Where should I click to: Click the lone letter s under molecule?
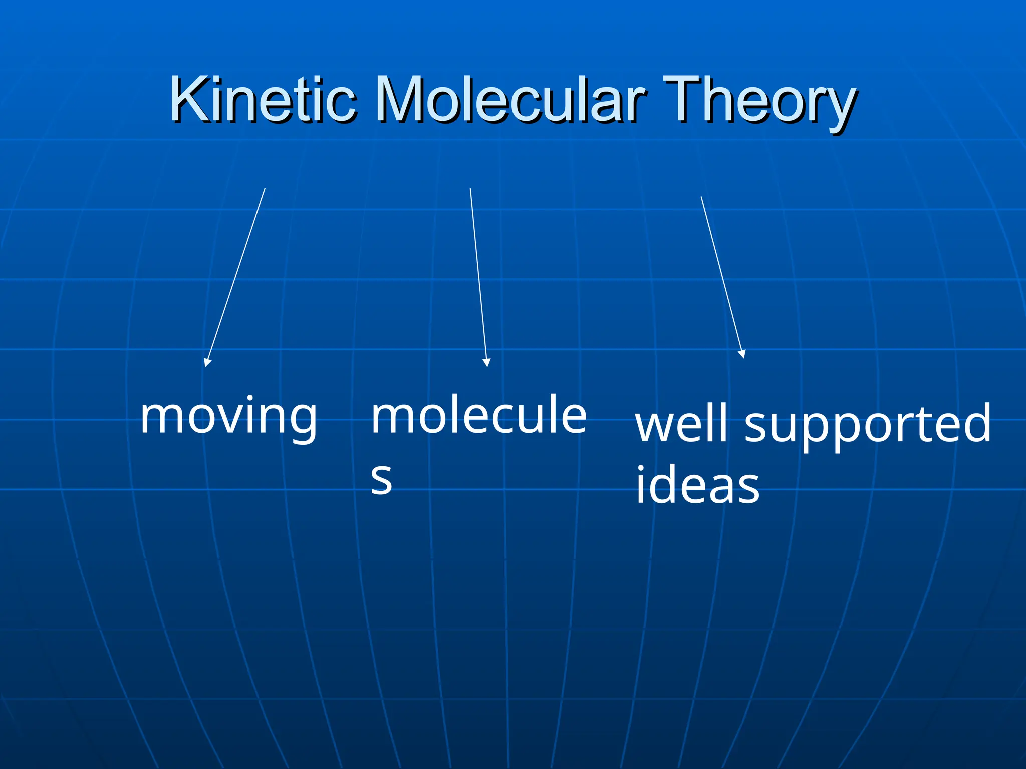pyautogui.click(x=381, y=479)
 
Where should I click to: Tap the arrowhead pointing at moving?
pyautogui.click(x=207, y=362)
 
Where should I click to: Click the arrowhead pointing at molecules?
pyautogui.click(x=486, y=362)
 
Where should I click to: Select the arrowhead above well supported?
pyautogui.click(x=742, y=353)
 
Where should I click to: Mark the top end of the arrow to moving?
pyautogui.click(x=265, y=188)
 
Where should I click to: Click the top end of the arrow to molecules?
pyautogui.click(x=470, y=188)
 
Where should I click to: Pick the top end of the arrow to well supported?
pyautogui.click(x=701, y=197)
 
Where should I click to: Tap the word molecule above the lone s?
pyautogui.click(x=478, y=416)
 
